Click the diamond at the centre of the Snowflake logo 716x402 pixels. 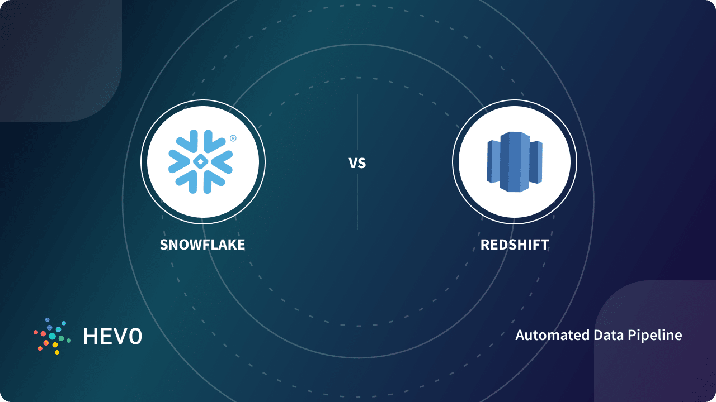(201, 162)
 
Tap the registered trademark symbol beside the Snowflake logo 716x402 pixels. (233, 138)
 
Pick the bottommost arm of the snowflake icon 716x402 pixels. (201, 184)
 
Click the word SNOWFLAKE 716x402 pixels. (202, 245)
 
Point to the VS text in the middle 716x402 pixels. (357, 163)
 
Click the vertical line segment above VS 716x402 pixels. (357, 123)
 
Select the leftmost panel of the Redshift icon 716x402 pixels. (493, 162)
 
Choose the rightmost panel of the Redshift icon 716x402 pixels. (536, 162)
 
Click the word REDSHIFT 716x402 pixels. (515, 245)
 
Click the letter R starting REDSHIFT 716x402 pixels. (484, 245)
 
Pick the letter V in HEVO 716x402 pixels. (120, 336)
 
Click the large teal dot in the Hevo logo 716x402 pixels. (53, 336)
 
